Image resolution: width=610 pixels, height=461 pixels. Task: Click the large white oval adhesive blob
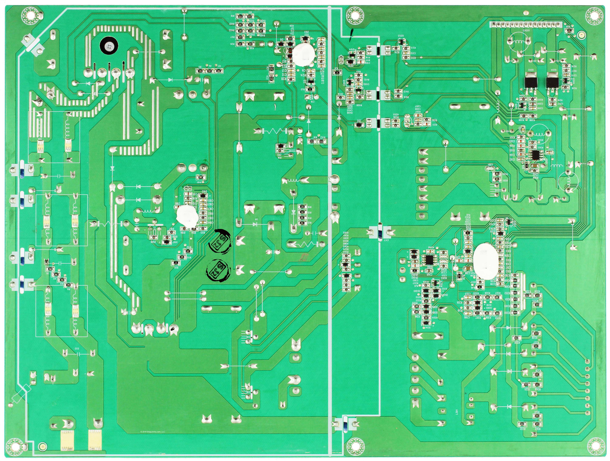tap(486, 261)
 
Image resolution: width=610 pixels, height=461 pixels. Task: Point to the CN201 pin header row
tap(526, 25)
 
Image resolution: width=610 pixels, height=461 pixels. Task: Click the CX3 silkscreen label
tap(77, 348)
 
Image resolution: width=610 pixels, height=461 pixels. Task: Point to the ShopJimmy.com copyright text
tap(152, 432)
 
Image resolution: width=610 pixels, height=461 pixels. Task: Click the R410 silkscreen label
tap(340, 94)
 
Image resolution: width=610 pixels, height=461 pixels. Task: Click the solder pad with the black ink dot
tap(173, 329)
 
